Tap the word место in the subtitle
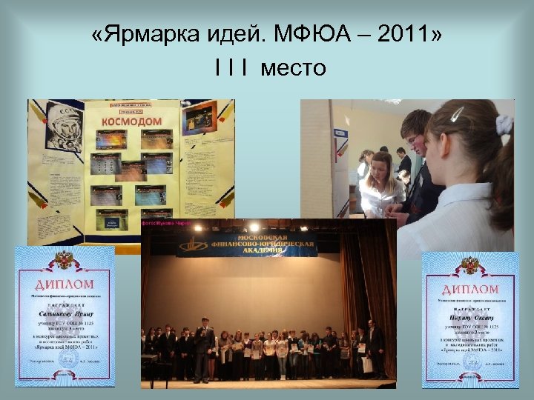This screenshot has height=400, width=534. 289,68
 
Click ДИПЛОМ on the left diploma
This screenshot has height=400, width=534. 65,284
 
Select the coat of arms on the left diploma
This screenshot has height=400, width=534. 65,261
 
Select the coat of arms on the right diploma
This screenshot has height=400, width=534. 470,265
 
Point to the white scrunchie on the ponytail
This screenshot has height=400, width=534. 505,124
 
